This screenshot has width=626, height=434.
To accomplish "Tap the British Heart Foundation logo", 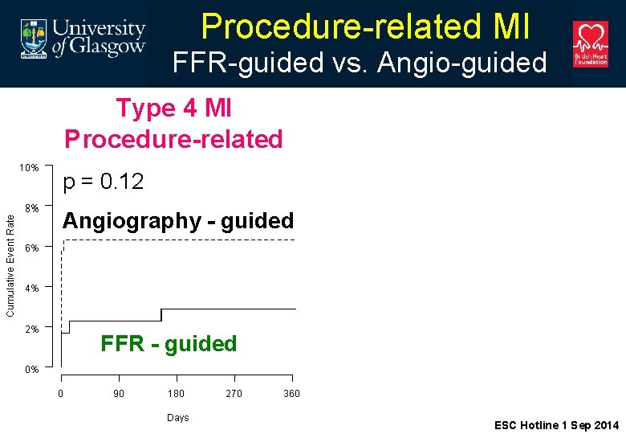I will pos(590,44).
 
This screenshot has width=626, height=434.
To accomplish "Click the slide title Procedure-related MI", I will pos(365,26).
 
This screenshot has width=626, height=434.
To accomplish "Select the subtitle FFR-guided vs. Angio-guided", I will pos(360,63).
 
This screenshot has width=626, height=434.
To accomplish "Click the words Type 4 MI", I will pos(173,108).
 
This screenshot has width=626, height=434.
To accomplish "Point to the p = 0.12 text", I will pos(104,182).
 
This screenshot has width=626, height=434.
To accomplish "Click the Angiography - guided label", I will pos(178,221).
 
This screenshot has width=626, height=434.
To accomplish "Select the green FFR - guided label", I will pos(169,344).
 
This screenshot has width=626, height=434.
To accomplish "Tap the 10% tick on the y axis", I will pos(29,168).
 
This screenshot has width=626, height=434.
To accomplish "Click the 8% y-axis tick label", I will pos(31,208).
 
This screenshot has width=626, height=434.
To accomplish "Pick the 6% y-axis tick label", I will pos(31,248).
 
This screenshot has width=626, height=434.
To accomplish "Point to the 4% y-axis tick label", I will pos(31,289).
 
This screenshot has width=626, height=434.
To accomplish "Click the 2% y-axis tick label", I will pos(31,329).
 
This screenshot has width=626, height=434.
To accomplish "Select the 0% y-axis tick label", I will pos(31,370).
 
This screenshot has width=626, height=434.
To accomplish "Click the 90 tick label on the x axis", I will pos(119,394).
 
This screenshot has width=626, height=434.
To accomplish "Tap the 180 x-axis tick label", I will pos(176,394).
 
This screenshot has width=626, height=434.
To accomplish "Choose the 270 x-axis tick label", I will pos(234,394).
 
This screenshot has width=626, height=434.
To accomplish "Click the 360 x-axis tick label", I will pos(291,394).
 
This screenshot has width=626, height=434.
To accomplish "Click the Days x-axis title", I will pos(177,418).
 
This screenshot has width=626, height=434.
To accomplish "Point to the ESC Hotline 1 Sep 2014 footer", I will pos(556,425).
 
